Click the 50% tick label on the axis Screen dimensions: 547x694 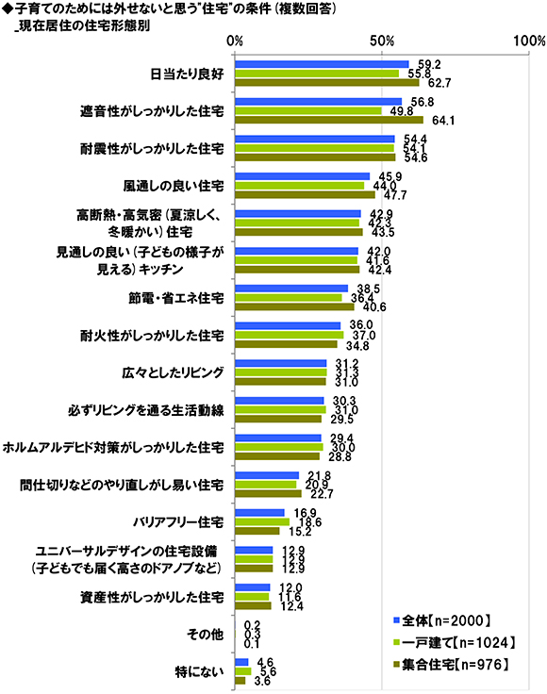[381, 41]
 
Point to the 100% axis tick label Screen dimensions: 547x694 [529, 41]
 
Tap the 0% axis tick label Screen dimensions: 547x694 [235, 41]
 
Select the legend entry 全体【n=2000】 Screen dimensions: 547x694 [441, 620]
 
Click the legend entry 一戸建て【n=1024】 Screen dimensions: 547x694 [454, 642]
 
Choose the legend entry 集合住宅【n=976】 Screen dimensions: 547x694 [451, 664]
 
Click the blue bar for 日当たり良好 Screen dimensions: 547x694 [322, 65]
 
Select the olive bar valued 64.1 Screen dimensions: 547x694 [329, 120]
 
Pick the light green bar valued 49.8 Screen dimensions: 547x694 [308, 111]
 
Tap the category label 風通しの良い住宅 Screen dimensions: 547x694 [174, 186]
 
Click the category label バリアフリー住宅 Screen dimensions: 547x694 [179, 522]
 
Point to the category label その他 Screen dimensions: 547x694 [206, 635]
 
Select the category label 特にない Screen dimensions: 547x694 [199, 672]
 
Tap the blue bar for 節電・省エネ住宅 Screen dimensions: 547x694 [291, 289]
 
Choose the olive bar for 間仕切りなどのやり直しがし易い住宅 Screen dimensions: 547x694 [268, 493]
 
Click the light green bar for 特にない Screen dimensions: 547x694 [243, 671]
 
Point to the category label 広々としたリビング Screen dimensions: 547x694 [173, 372]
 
